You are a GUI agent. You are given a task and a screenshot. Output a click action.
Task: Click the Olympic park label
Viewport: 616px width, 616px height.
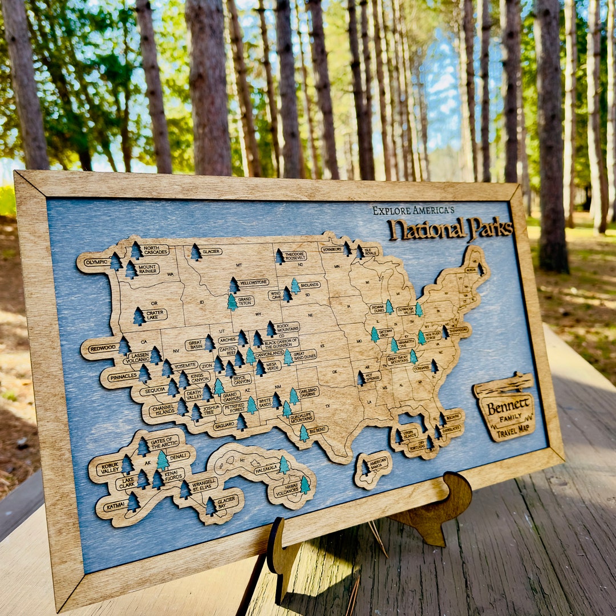[x=96, y=263]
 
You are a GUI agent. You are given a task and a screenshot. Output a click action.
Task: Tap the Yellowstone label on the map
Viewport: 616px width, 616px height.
[x=253, y=282]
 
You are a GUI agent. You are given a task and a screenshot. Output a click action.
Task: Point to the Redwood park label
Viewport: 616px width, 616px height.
[x=103, y=348]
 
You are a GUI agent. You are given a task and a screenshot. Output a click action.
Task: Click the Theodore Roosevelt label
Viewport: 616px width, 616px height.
[x=295, y=256]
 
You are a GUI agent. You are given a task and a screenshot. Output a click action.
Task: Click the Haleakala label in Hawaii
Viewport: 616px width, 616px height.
[x=265, y=470]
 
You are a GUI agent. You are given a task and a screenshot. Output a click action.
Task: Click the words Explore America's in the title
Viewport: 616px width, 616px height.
[x=413, y=210]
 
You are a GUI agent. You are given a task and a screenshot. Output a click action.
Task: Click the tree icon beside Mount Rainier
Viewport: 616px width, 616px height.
[x=131, y=270]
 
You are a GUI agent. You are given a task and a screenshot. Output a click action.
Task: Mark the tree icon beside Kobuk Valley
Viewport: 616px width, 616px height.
[x=127, y=464]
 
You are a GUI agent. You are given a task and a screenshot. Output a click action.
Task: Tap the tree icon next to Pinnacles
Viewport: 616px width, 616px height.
[x=144, y=374]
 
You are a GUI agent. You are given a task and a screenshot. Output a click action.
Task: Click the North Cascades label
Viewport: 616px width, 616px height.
[x=156, y=250]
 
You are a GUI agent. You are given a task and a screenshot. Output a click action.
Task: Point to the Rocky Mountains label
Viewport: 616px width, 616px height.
[x=287, y=327]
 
